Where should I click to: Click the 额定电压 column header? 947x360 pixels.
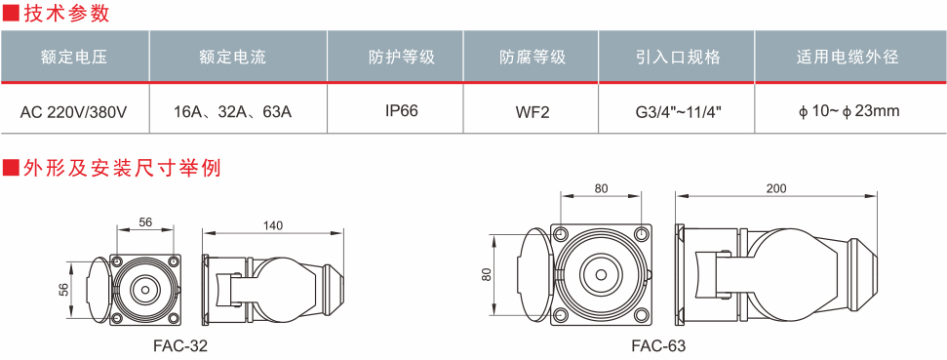click(74, 58)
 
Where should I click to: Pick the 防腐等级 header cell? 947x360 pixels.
click(533, 58)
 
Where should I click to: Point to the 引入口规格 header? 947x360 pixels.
click(678, 58)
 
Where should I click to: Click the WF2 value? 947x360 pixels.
click(533, 112)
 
